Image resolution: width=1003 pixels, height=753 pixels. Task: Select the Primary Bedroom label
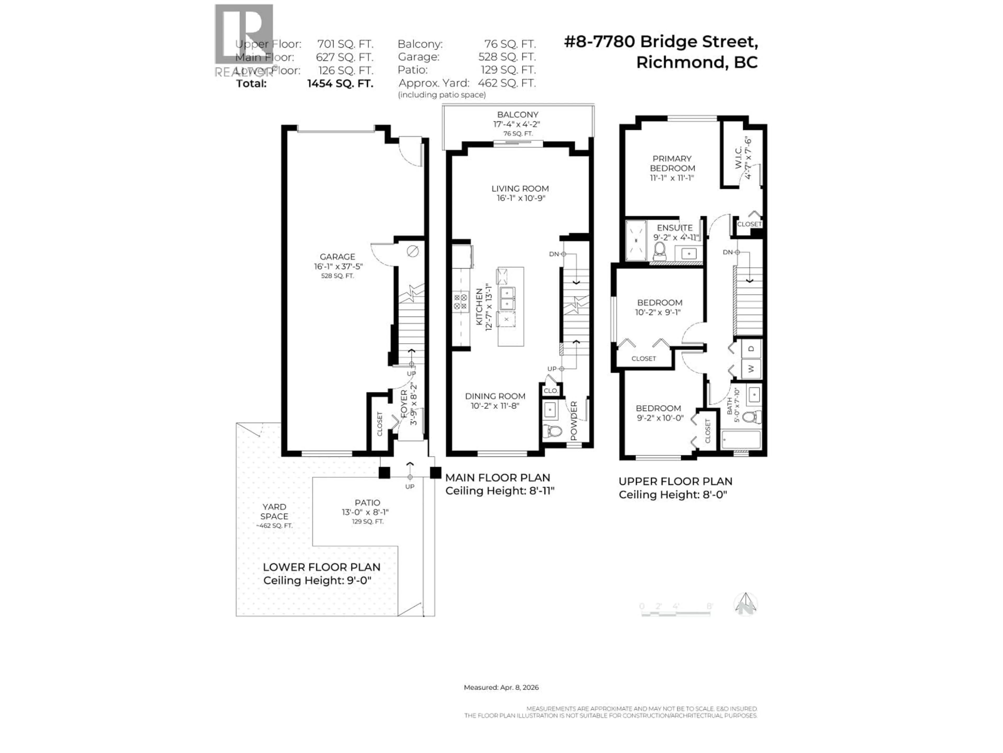coord(672,163)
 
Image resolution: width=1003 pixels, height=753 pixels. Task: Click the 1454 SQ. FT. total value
coord(340,83)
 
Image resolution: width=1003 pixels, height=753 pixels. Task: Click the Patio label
coord(367,503)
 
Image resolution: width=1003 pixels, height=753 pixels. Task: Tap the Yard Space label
coord(274,511)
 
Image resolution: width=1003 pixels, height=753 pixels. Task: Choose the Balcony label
coord(517,115)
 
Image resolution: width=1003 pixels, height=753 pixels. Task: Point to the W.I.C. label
coord(738,158)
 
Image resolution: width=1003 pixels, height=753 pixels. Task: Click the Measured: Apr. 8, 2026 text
coord(501,687)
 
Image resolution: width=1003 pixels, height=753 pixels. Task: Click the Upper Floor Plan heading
coord(675,482)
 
